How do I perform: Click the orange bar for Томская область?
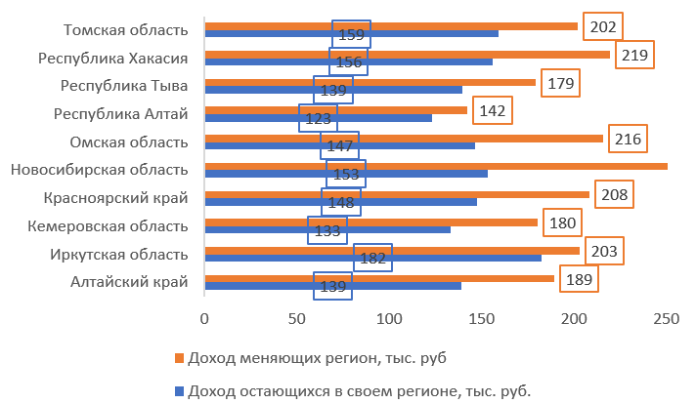[391, 26]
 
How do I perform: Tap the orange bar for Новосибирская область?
[435, 166]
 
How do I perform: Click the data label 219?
[634, 55]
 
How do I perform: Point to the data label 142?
[492, 110]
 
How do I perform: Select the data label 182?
[372, 259]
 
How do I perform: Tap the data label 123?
[318, 119]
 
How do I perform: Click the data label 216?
[628, 139]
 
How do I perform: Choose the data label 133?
[326, 230]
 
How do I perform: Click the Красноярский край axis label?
[115, 198]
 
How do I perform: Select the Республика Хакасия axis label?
[112, 59]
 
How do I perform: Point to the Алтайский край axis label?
[129, 283]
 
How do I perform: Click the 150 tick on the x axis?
[482, 317]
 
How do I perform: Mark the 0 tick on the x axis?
[205, 317]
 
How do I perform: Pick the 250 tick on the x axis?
[667, 317]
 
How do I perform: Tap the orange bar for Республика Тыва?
[371, 82]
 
